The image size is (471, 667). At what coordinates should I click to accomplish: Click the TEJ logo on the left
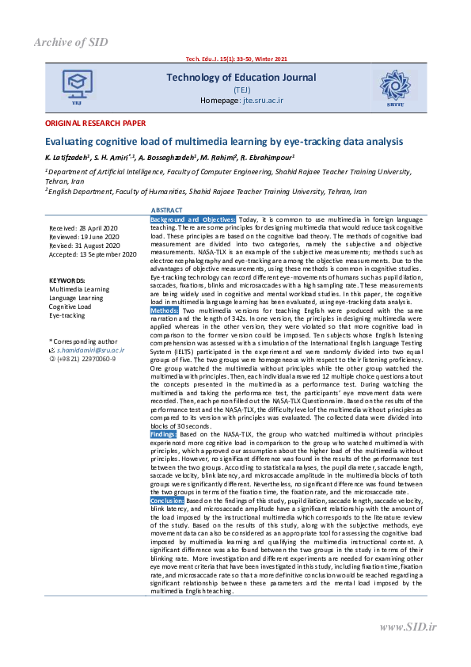pos(77,86)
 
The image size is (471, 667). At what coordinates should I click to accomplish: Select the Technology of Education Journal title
pos(241,78)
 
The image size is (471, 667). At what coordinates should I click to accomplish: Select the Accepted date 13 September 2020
pos(93,254)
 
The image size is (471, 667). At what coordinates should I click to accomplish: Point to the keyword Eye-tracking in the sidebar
pos(66,315)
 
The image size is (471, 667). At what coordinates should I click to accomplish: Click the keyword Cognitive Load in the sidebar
pos(70,307)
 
